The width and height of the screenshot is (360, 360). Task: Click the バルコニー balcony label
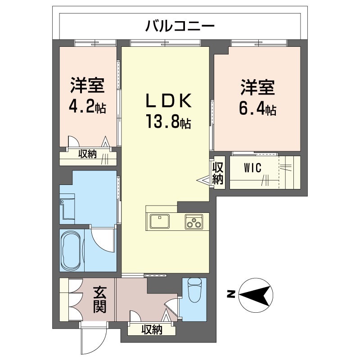(x=179, y=26)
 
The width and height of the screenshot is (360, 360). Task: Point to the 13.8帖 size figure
(x=167, y=121)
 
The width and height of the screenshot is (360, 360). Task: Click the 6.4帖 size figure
(x=257, y=109)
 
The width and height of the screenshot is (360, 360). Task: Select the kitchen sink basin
(x=159, y=221)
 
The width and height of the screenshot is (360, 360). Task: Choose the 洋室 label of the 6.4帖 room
(x=257, y=87)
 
